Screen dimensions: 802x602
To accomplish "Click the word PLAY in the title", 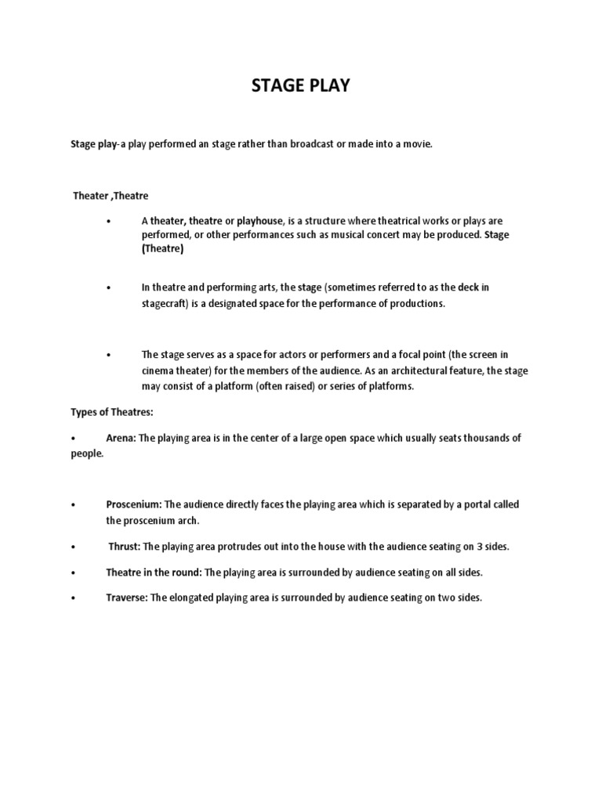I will coord(330,86).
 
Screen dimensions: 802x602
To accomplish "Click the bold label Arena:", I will coord(121,438).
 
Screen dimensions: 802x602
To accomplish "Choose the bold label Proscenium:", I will coord(134,504).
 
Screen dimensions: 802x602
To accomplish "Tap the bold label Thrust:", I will coord(124,546).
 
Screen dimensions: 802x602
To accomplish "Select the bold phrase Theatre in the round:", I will coord(154,572).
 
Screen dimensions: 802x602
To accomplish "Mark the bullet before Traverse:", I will coord(72,598).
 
